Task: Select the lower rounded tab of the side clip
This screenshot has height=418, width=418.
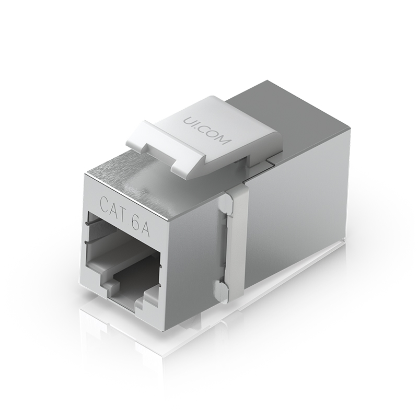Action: coord(220,291)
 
